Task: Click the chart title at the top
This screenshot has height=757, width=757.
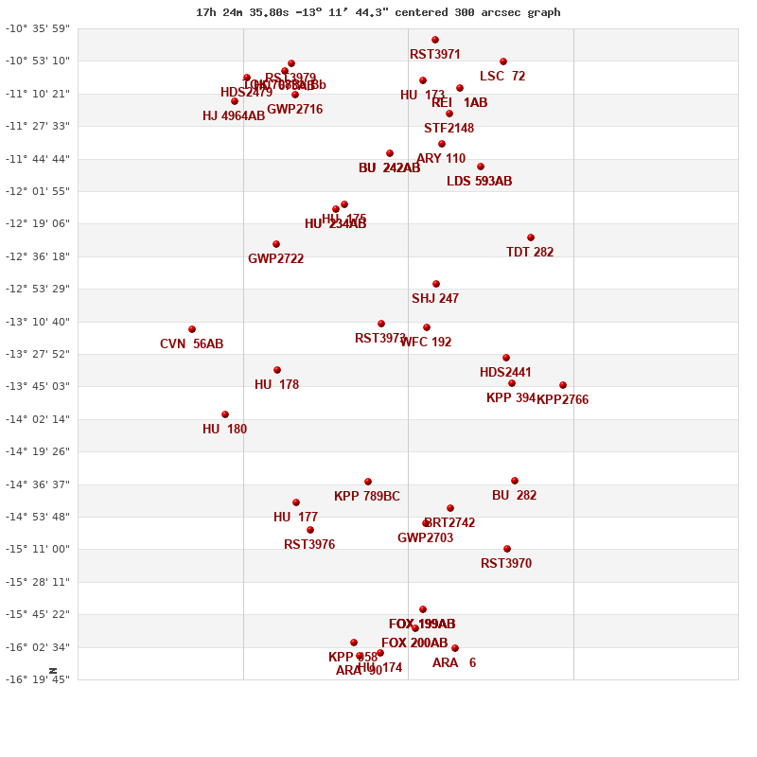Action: pos(378,12)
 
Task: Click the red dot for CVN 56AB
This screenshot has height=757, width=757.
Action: pos(192,329)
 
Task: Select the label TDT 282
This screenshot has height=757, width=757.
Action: pos(530,253)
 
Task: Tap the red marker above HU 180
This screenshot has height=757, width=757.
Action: pos(225,414)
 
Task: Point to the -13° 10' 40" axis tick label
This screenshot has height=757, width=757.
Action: pos(38,322)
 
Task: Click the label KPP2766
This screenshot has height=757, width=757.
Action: pos(562,400)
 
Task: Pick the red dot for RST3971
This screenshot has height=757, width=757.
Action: pos(435,40)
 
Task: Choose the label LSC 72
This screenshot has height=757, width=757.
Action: pos(502,77)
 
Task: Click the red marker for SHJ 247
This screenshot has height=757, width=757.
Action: pos(436,284)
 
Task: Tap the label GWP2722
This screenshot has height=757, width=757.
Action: pos(275,259)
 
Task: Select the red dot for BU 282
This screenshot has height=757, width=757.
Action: pos(515,481)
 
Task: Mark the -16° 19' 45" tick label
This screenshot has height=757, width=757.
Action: pos(38,679)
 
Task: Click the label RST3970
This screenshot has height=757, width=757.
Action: pos(506,564)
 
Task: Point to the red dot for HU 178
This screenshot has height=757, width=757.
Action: pos(277,370)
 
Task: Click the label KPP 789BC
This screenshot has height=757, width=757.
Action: pos(367,497)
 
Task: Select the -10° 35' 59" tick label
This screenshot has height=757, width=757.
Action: pos(38,28)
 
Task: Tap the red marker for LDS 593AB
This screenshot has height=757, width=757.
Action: pos(481,167)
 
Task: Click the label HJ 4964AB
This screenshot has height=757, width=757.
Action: pos(234,116)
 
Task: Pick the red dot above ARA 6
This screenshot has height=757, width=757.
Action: pos(455,648)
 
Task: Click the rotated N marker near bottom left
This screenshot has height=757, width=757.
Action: pos(53,670)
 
